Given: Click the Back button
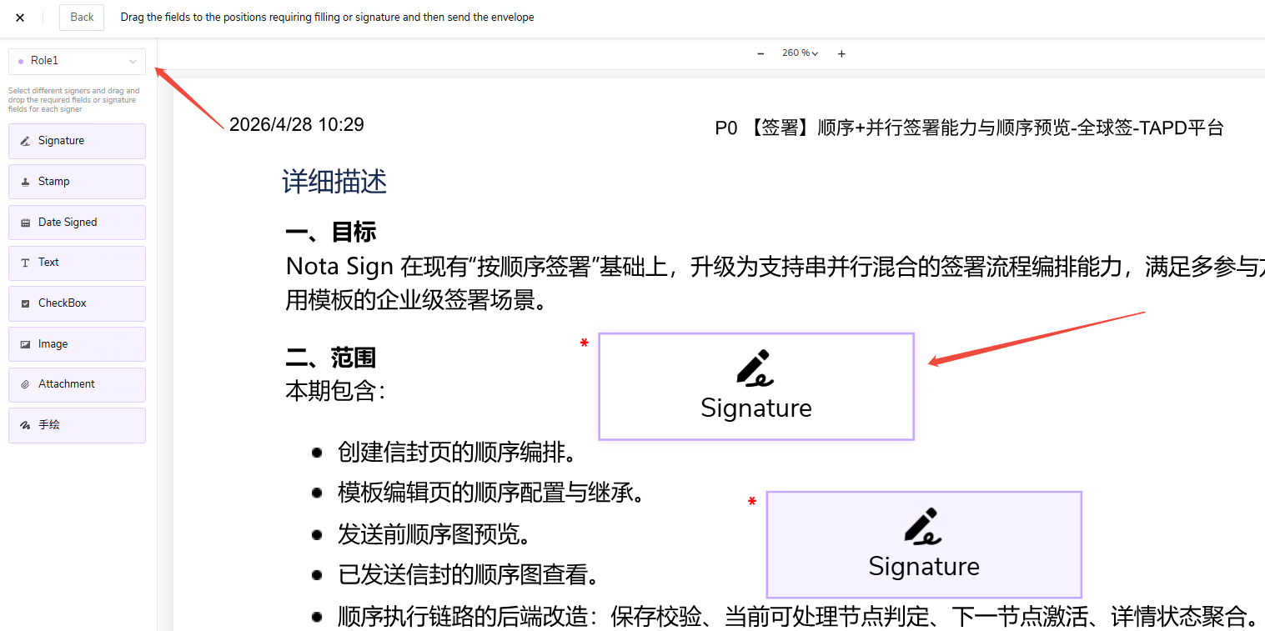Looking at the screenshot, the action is click(x=82, y=18).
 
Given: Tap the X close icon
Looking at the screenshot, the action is click(x=20, y=18).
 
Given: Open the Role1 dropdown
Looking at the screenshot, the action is click(x=77, y=61).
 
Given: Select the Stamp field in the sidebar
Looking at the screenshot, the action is click(x=77, y=182).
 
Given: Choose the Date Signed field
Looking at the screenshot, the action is click(x=77, y=223).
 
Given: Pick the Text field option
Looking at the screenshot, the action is click(x=77, y=263).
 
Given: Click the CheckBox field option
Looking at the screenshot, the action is click(x=77, y=303).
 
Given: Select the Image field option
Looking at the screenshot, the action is click(x=77, y=344).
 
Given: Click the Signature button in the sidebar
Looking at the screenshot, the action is click(x=77, y=141).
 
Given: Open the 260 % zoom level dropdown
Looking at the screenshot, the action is click(x=800, y=53).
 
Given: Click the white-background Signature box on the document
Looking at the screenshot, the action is click(x=756, y=387).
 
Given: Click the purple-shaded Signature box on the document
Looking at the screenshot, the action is click(x=924, y=544).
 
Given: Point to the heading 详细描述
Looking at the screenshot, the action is click(x=334, y=182).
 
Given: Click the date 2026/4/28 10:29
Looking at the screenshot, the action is click(x=297, y=125).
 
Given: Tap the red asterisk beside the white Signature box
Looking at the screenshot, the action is click(x=584, y=343).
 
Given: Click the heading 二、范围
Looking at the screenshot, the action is click(x=330, y=358).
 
